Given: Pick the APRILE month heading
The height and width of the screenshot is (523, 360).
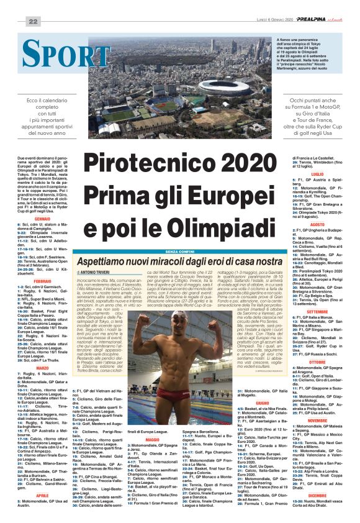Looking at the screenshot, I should coord(42,495).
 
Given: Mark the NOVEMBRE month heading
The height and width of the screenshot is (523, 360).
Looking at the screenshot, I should coord(317,420).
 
